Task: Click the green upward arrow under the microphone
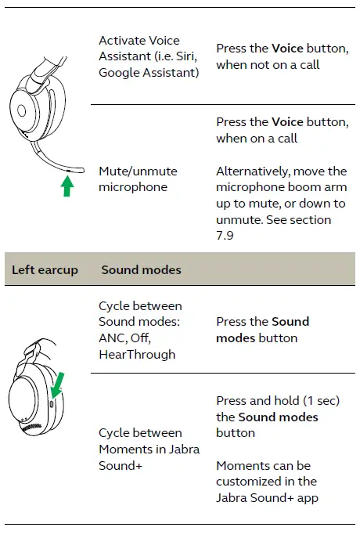coord(67,186)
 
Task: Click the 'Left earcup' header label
coord(45,269)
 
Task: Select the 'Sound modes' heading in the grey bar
coord(141,269)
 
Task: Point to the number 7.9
coord(226,236)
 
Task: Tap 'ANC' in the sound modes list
coord(111,338)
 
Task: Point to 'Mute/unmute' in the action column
coord(138,171)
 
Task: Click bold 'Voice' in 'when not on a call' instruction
coord(287,49)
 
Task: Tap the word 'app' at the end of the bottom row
coord(309,497)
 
